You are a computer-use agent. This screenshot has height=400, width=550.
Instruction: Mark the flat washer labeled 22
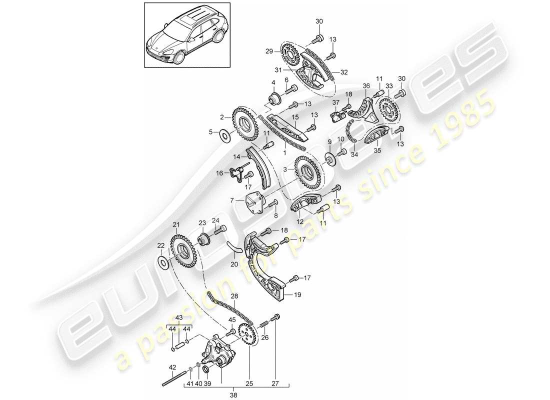(163, 261)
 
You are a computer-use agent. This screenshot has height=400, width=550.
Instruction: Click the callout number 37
(335, 102)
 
